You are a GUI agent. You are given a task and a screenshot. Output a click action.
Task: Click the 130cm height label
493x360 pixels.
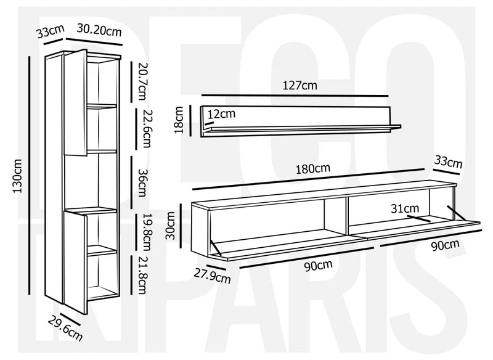click(x=18, y=176)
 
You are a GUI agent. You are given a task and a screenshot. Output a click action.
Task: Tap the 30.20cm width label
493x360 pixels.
click(x=99, y=30)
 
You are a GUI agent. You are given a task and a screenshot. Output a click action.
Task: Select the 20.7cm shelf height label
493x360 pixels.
click(x=142, y=81)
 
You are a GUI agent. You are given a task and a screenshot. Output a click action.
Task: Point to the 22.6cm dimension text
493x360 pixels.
click(x=147, y=128)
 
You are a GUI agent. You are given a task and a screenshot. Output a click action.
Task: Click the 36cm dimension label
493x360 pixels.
click(x=142, y=182)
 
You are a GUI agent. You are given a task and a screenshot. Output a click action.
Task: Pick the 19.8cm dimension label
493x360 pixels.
click(x=147, y=232)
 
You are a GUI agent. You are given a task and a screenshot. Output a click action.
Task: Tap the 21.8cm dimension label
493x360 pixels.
click(x=142, y=276)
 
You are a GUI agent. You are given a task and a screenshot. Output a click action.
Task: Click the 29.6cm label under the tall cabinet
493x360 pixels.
click(x=65, y=329)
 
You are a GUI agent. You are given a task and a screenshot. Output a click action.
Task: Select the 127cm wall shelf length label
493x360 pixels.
click(x=299, y=85)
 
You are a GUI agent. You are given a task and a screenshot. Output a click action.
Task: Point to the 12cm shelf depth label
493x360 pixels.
click(x=221, y=113)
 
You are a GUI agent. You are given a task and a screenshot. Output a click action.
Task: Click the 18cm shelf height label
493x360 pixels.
click(x=179, y=120)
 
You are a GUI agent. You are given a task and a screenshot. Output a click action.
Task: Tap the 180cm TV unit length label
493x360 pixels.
click(x=313, y=168)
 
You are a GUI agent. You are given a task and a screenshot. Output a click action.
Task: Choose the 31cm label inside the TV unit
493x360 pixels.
click(x=405, y=208)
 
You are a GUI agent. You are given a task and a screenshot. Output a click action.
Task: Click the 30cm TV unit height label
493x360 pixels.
click(x=170, y=226)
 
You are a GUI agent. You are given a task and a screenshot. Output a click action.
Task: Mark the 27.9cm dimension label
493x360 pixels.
click(x=212, y=276)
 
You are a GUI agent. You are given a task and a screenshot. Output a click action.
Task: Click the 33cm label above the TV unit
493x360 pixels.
click(x=449, y=162)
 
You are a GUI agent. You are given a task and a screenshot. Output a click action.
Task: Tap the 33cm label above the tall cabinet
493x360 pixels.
click(x=51, y=31)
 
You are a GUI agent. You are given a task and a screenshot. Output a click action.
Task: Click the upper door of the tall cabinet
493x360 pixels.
click(x=75, y=102)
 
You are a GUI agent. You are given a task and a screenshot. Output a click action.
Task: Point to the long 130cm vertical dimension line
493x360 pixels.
click(x=30, y=176)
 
